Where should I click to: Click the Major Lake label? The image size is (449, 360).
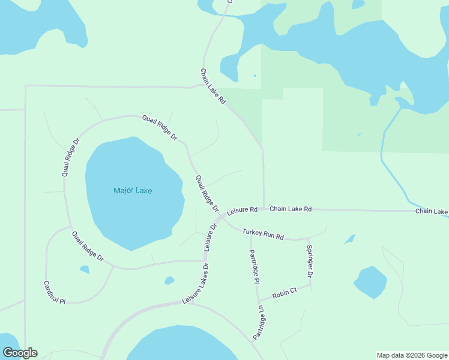coord(133,191)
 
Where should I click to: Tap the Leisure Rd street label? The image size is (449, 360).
coord(242,212)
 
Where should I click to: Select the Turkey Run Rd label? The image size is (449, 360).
coord(262,234)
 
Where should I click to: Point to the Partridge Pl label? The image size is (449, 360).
coord(254,266)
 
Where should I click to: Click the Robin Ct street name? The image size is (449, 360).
coord(285,293)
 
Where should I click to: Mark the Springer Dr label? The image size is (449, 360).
coord(309,261)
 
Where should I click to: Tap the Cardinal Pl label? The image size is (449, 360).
coord(54,292)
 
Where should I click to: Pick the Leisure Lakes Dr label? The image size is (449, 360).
coord(196,283)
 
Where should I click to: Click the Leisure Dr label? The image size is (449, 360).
coord(209,237)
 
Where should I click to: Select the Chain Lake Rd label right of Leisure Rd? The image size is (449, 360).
coord(291,209)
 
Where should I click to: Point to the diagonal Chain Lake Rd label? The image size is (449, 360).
coord(212,87)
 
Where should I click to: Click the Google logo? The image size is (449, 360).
coord(20,353)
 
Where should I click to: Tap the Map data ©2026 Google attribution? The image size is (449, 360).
coord(412,355)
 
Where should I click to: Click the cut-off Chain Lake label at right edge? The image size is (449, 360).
coord(432,212)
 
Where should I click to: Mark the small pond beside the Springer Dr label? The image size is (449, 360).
coord(349,239)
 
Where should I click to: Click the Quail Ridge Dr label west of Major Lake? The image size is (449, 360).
coord(70,157)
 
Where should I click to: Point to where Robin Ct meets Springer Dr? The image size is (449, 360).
coord(311,284)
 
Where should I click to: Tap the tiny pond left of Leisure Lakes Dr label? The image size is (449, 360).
coord(169,280)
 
